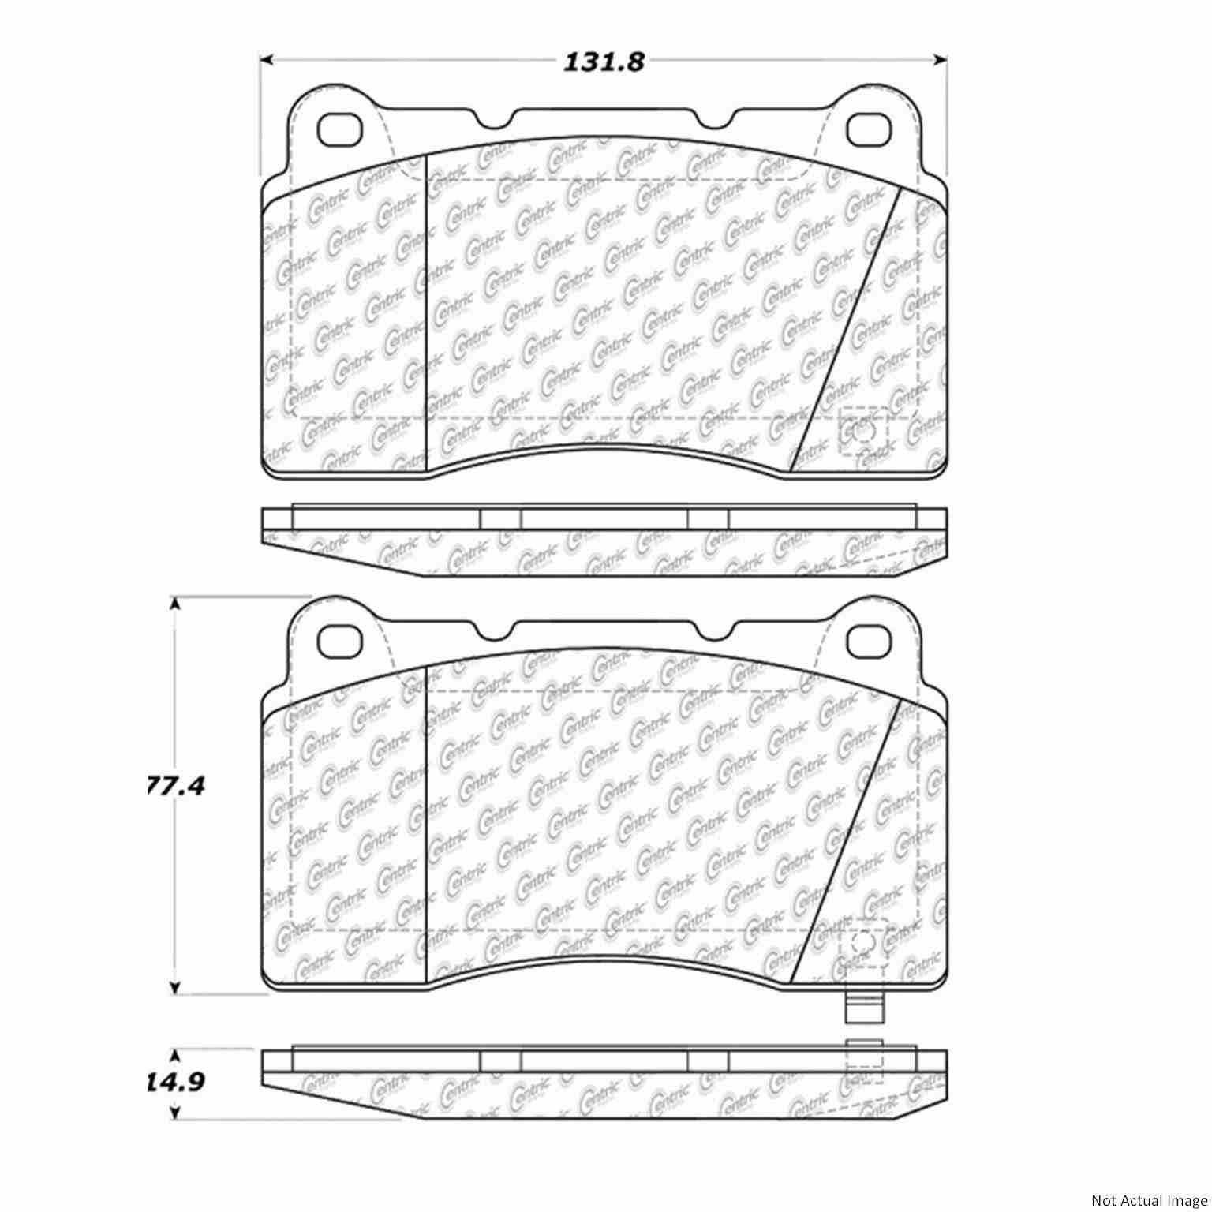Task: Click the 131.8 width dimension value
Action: pos(604,62)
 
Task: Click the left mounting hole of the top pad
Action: pos(339,129)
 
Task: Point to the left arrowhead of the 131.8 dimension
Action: pos(267,59)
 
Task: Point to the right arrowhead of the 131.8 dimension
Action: pos(940,59)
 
